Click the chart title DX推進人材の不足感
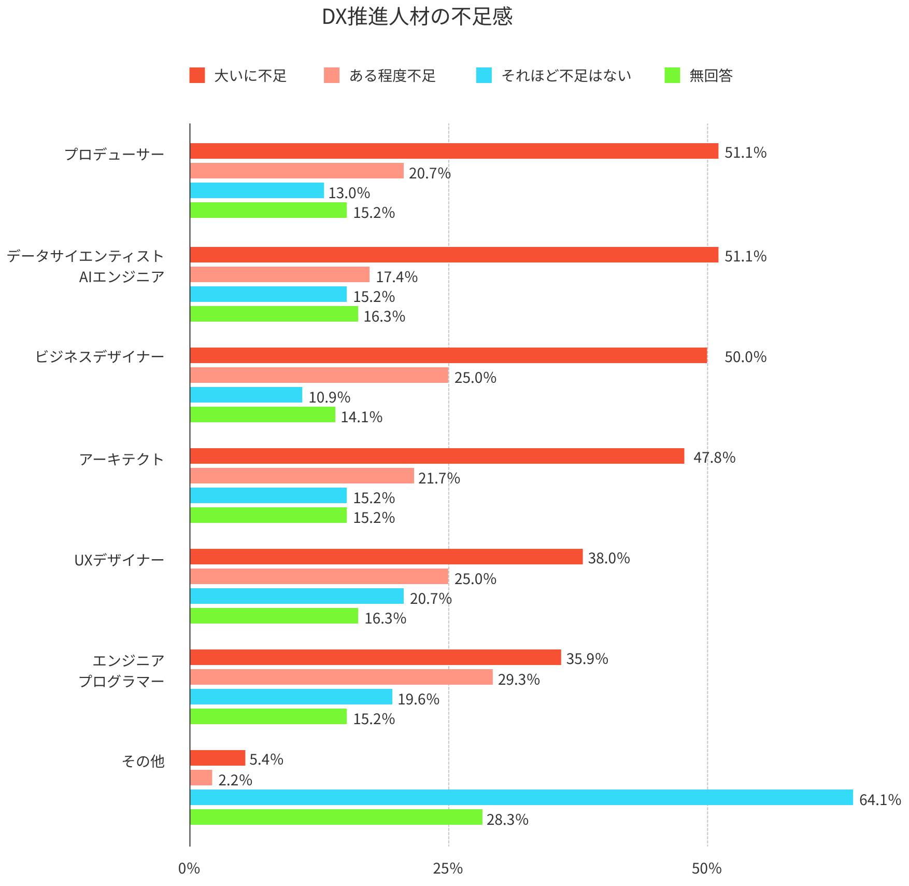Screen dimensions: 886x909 (x=417, y=17)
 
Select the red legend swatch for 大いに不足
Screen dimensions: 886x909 (x=197, y=75)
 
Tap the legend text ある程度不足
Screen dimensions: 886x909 (x=392, y=76)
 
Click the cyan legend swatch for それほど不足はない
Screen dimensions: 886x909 (x=484, y=75)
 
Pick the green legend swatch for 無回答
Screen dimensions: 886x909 (x=672, y=75)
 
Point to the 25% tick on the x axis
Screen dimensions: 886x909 (x=448, y=868)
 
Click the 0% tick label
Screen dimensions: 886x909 (x=189, y=868)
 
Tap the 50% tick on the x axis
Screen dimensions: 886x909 (x=707, y=868)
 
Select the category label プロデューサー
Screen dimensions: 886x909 (x=115, y=154)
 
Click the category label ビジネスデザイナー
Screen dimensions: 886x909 (x=100, y=356)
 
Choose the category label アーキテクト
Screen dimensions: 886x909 (x=122, y=459)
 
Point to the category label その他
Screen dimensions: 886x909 (x=143, y=761)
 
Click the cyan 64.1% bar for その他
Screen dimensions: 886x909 (x=521, y=797)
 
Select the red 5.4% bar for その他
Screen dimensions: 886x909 (x=218, y=758)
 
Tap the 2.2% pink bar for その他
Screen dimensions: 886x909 (x=201, y=778)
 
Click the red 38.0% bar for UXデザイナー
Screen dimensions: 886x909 (x=386, y=557)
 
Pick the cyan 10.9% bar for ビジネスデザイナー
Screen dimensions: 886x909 (x=246, y=395)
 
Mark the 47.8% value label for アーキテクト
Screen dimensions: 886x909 (x=714, y=457)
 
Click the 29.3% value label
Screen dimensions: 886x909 (x=519, y=679)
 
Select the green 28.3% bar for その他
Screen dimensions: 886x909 (x=336, y=817)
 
